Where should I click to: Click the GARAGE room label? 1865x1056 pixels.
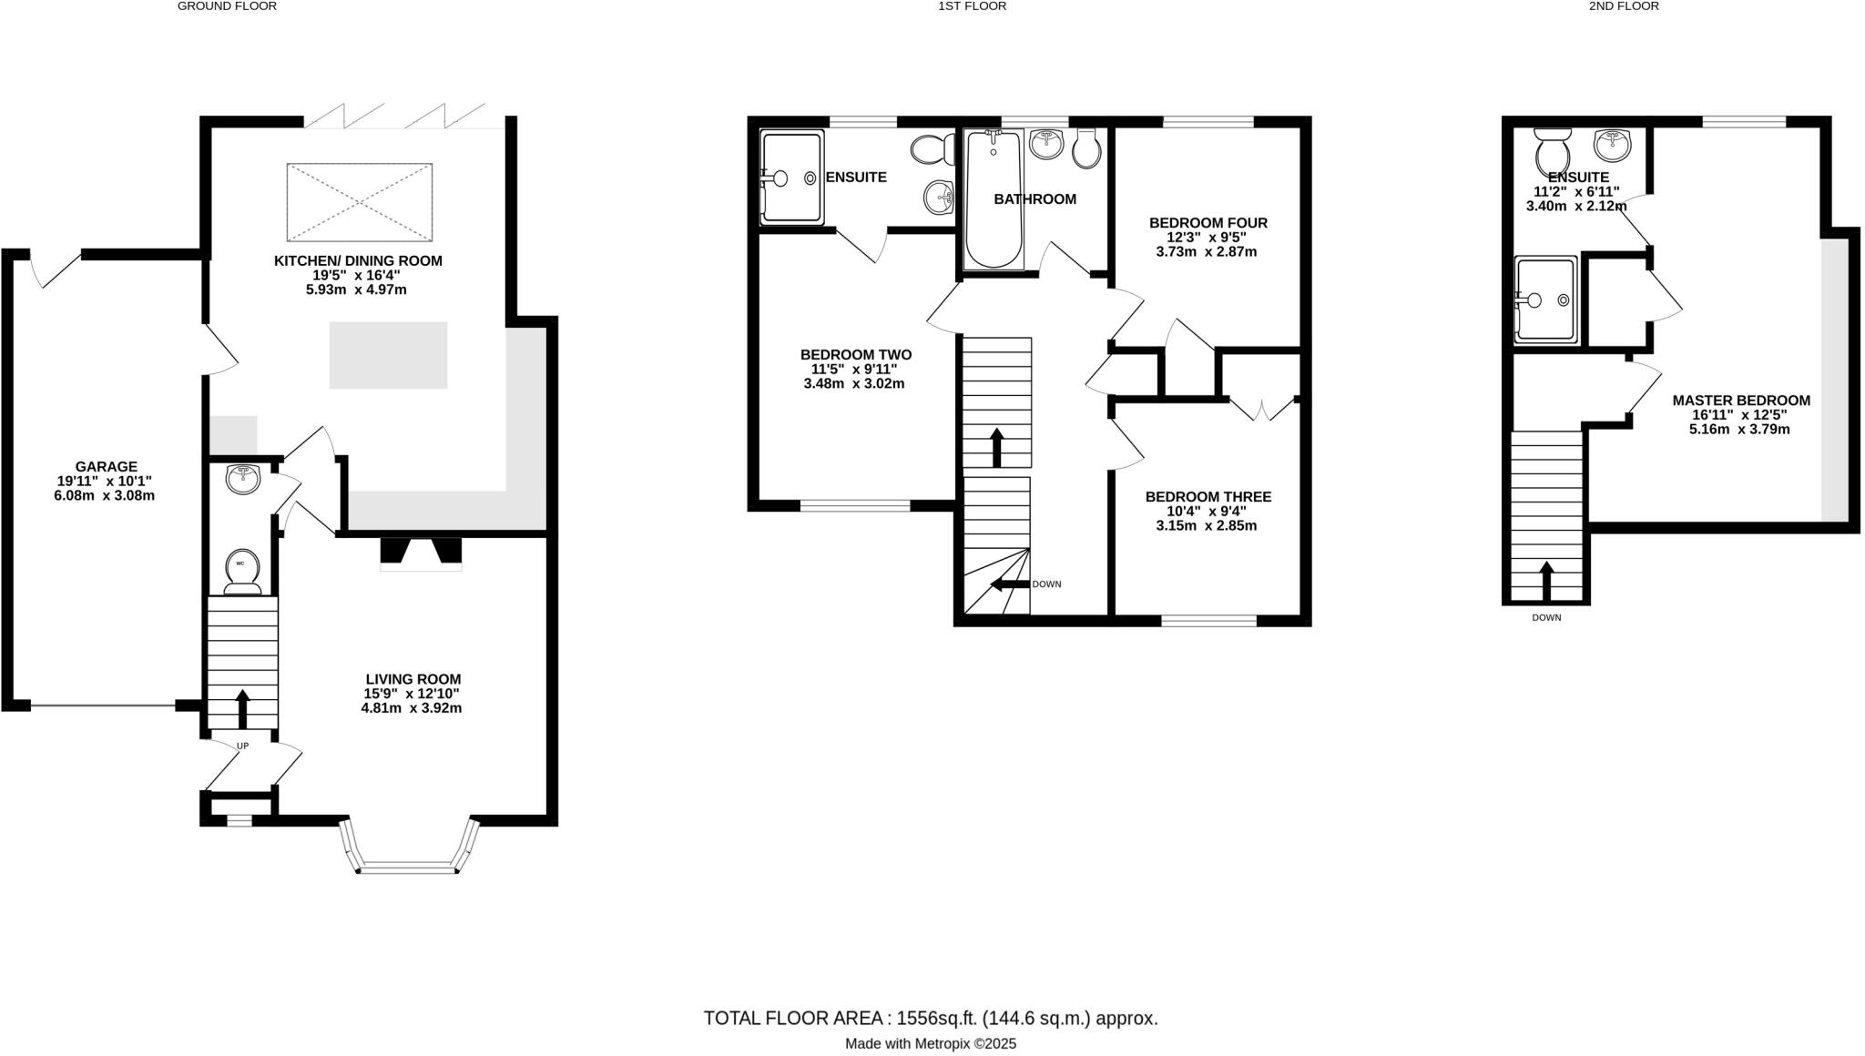[x=107, y=467]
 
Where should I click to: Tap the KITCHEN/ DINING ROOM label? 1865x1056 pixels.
[x=358, y=261]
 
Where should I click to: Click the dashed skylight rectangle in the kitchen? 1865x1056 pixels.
[x=359, y=202]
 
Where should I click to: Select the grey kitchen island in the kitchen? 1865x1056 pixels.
[x=388, y=355]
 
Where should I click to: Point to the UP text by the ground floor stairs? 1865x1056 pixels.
[x=242, y=746]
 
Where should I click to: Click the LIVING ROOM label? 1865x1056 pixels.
[x=413, y=679]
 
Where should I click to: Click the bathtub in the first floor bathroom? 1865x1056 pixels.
[x=993, y=200]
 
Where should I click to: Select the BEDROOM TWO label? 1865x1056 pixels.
[x=855, y=355]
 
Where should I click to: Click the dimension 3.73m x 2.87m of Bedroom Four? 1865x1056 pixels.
[x=1206, y=252]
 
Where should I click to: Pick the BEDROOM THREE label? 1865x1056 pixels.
[x=1208, y=497]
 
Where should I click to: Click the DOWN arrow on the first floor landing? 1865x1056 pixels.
[x=1011, y=584]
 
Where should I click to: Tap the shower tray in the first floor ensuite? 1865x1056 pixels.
[x=790, y=178]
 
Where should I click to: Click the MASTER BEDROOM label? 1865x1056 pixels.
[x=1740, y=401]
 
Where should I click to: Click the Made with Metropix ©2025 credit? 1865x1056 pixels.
[x=930, y=1044]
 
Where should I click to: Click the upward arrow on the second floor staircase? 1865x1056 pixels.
[x=1545, y=581]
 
